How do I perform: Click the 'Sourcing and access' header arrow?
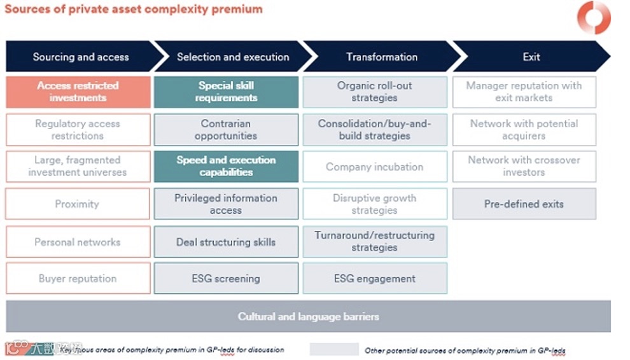[81, 57]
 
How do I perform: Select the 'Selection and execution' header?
[233, 57]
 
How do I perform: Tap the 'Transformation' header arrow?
[382, 57]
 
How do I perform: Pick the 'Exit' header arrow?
[531, 57]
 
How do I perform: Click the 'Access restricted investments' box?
[78, 92]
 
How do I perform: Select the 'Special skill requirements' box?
[226, 92]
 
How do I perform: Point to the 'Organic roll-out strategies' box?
[375, 92]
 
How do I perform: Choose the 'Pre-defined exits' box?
[524, 204]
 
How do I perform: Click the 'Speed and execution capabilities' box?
[226, 166]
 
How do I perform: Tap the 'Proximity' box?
[78, 204]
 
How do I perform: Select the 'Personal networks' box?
[78, 242]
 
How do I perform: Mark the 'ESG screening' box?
[226, 279]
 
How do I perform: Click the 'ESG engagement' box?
[375, 279]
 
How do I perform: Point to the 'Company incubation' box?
[375, 167]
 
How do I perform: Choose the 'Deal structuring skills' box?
[226, 242]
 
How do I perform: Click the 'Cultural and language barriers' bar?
[308, 316]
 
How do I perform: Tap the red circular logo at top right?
[594, 17]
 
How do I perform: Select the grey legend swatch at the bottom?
[334, 349]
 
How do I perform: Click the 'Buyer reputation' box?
[78, 279]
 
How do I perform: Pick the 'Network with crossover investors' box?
[524, 166]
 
